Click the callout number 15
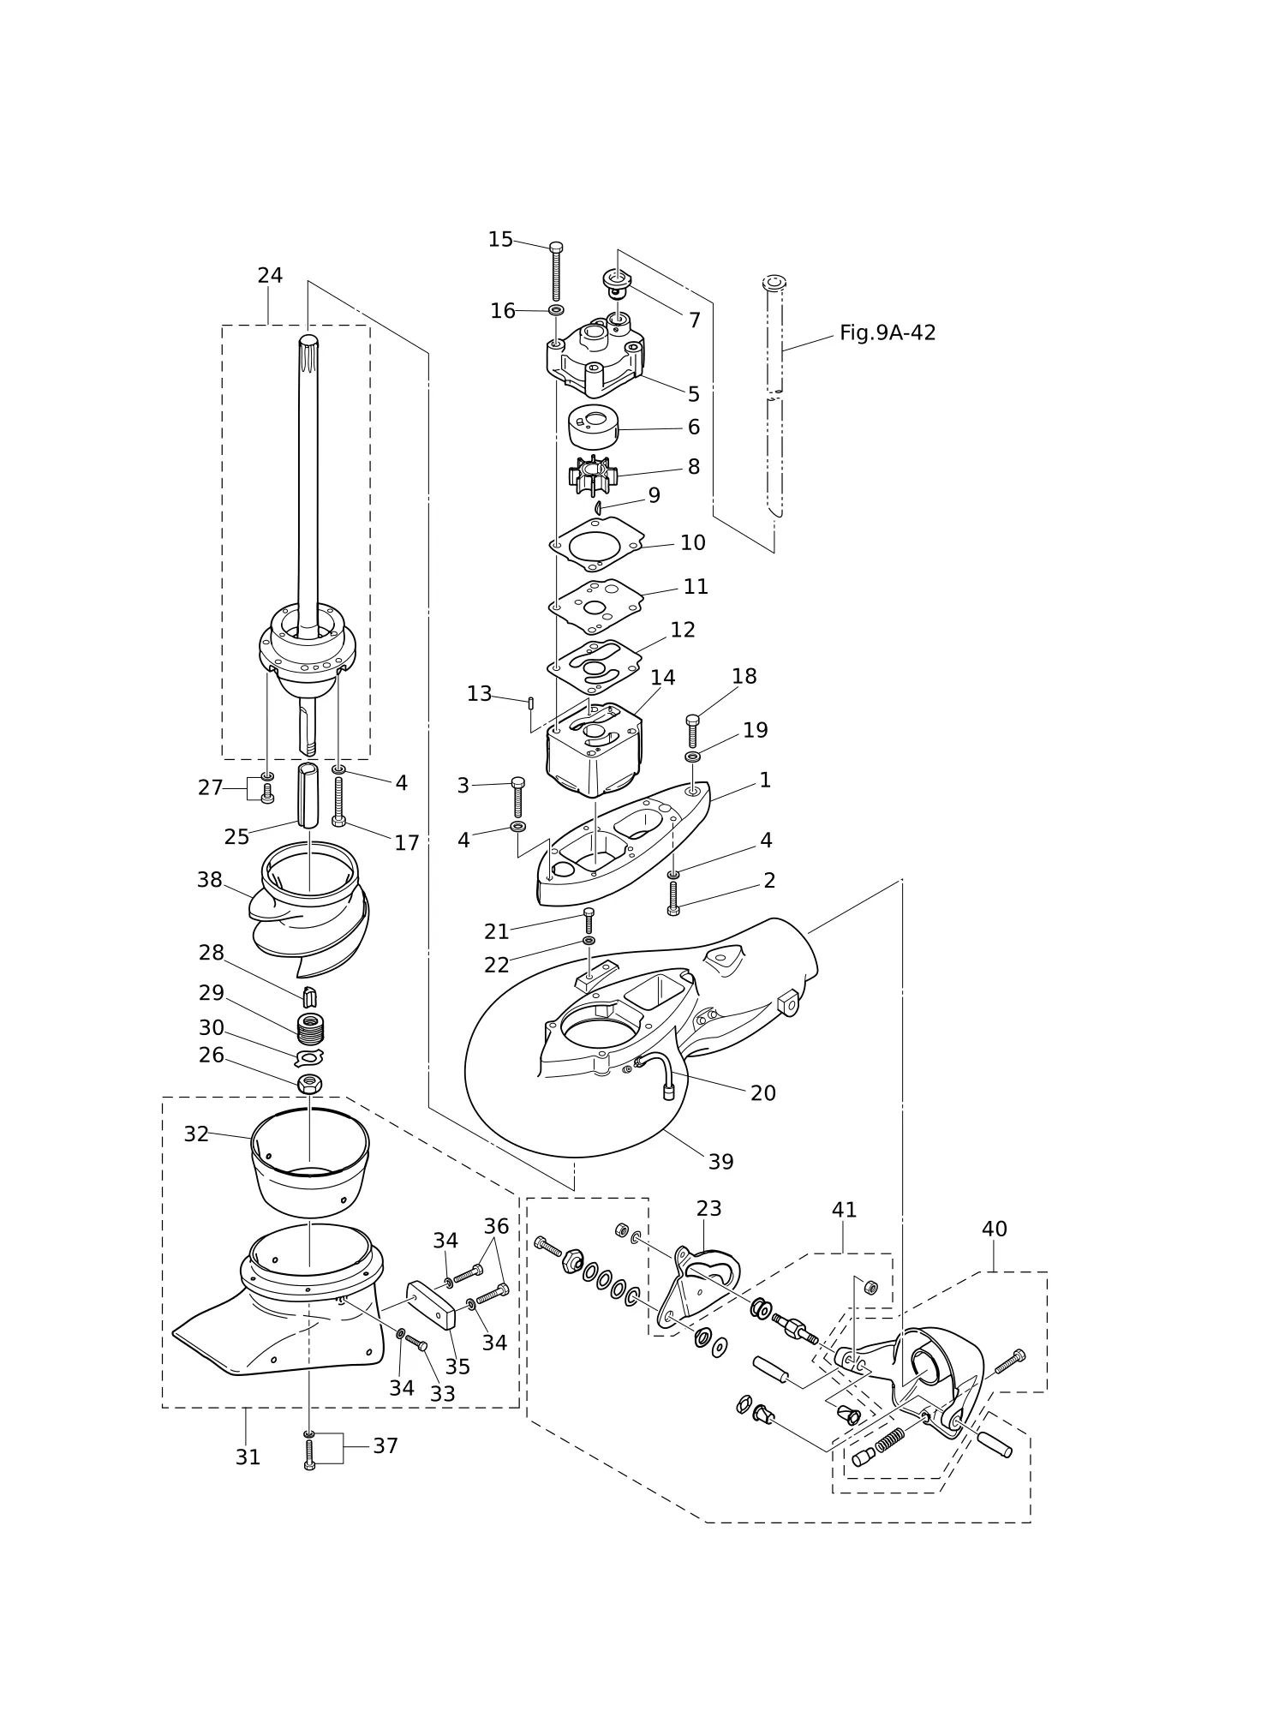500,240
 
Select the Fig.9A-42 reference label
888,332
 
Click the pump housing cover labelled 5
595,356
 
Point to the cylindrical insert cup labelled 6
594,427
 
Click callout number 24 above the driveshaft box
270,276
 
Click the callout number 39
720,1162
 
